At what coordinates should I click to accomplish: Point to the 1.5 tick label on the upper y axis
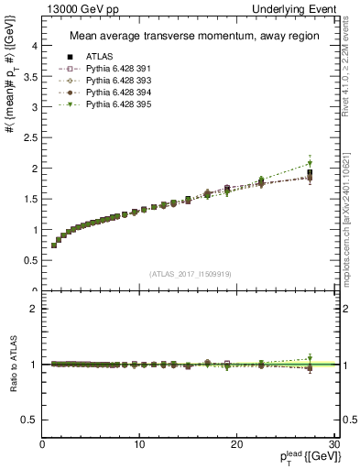[29, 199]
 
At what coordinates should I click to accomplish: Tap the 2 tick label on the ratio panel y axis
[34, 309]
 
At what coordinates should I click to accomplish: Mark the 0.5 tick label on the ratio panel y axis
[29, 420]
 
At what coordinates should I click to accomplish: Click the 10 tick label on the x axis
[139, 444]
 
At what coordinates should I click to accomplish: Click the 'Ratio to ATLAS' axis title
[12, 365]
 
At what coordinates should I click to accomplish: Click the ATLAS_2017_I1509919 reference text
[188, 272]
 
